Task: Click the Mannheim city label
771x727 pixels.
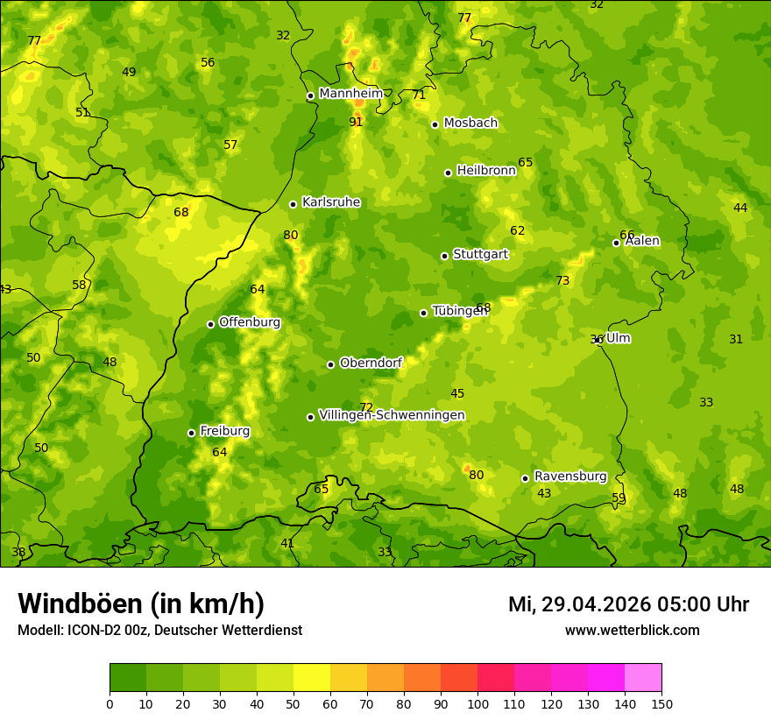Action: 351,93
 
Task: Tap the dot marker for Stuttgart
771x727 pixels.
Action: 444,256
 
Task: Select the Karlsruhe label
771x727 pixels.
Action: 331,202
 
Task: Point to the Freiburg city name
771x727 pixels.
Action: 224,431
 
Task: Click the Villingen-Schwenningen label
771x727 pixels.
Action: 392,415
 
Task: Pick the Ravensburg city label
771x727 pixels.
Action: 570,476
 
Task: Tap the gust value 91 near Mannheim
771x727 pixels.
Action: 356,122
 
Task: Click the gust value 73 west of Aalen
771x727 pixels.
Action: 562,280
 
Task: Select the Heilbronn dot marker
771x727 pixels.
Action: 448,173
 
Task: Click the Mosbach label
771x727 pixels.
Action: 470,124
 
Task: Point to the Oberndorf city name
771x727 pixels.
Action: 371,363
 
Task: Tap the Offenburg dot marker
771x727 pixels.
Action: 210,324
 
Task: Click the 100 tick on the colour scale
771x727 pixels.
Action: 477,703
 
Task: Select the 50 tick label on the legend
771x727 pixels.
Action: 294,703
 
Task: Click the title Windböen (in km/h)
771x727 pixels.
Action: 141,603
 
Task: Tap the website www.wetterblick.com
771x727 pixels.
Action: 632,630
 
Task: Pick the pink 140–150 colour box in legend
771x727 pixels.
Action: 643,677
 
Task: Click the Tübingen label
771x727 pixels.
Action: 459,311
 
